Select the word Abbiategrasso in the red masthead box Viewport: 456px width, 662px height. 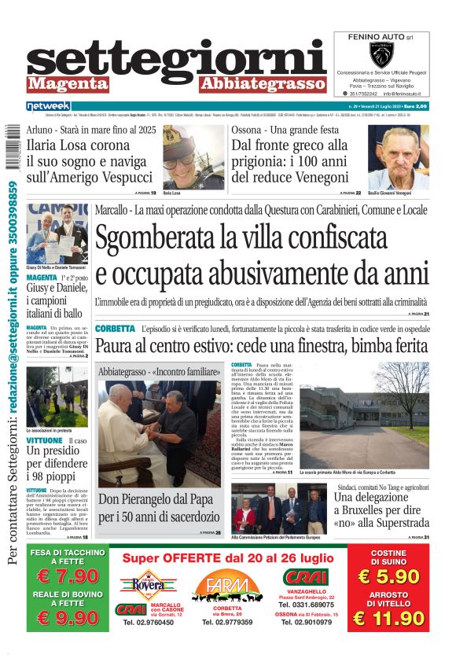point(262,83)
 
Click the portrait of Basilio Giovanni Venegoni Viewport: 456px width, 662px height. point(399,156)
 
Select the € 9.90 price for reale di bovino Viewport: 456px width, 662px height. point(68,619)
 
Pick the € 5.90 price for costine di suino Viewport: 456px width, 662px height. point(388,576)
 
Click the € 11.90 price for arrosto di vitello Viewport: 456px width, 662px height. point(388,619)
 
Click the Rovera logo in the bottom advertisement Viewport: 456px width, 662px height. point(143,585)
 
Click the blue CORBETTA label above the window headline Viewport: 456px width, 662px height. point(114,328)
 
